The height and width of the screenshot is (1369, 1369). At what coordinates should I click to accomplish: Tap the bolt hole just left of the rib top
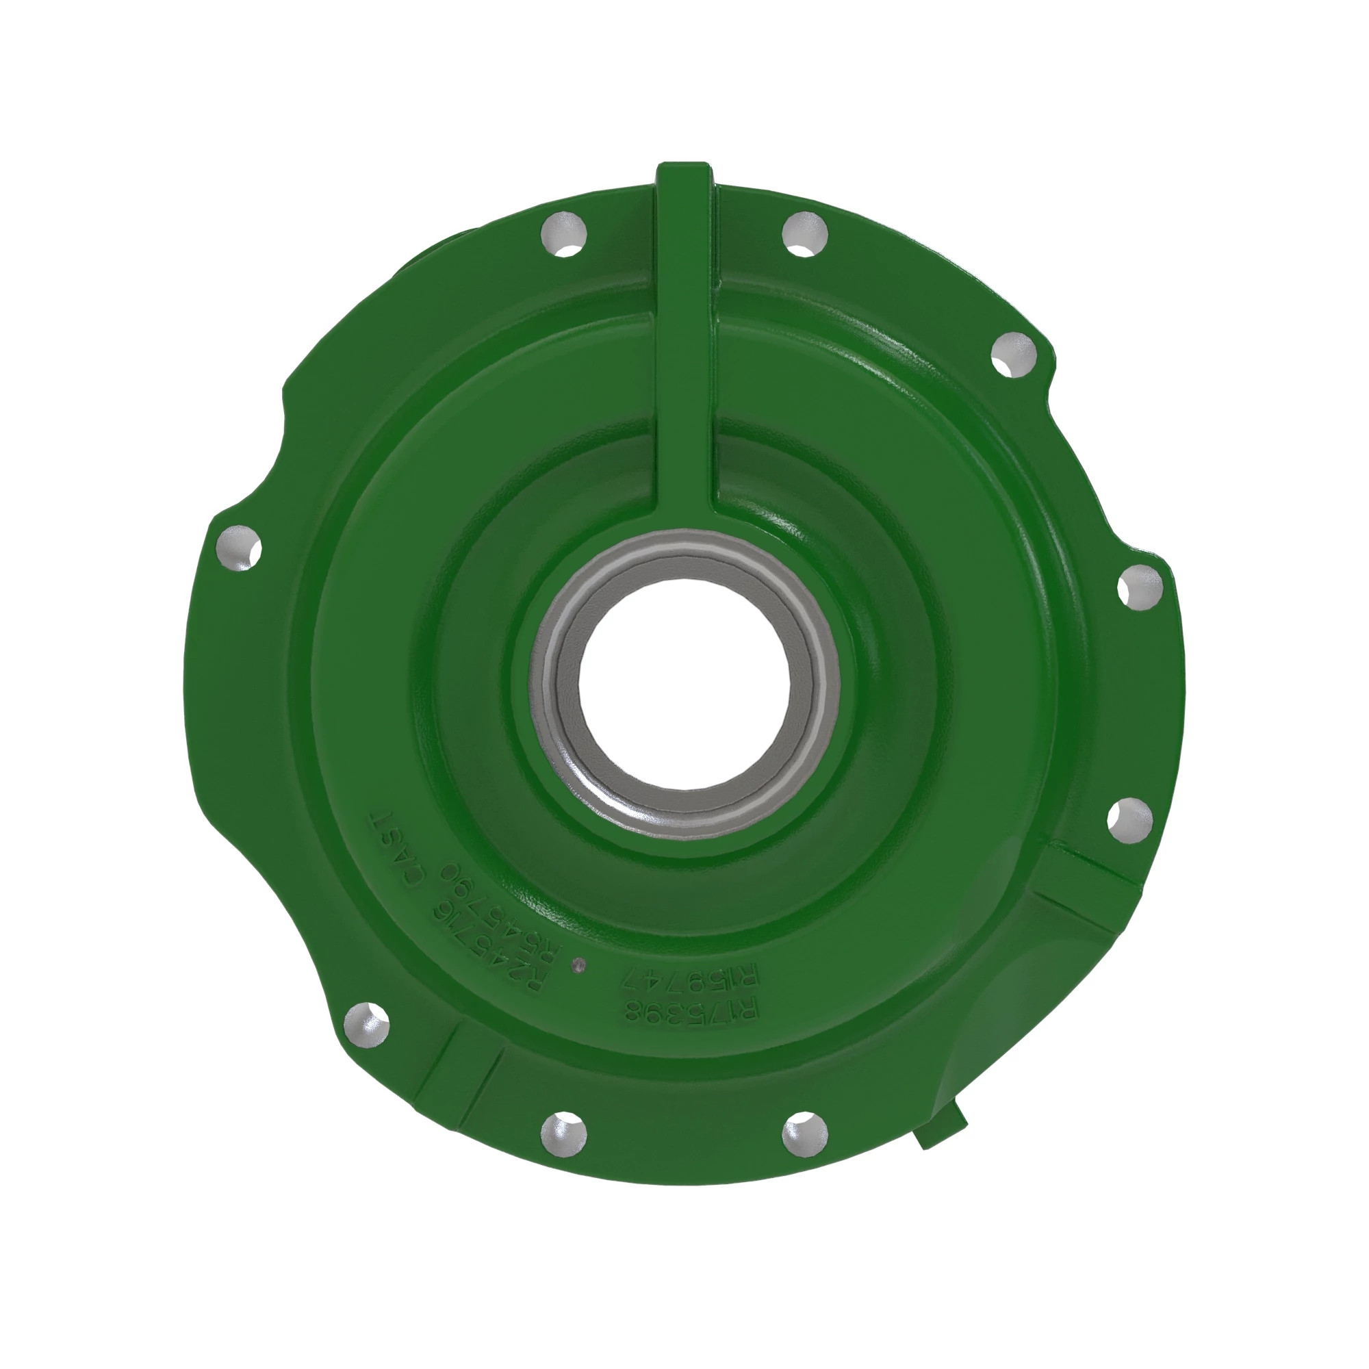(564, 235)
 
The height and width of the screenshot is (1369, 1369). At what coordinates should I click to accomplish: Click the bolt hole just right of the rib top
(806, 235)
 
